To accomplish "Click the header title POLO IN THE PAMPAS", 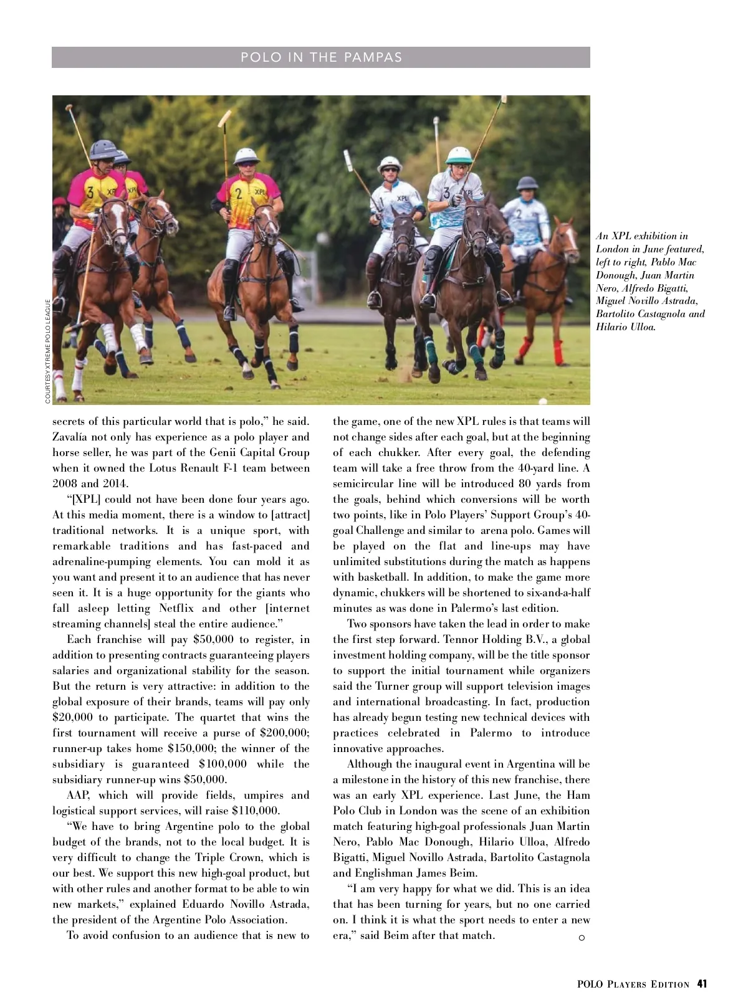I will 321,57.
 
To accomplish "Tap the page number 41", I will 702,984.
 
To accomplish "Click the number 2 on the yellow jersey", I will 238,194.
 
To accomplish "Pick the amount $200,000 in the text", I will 284,733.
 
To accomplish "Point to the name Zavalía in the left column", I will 73,437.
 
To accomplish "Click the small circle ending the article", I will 582,938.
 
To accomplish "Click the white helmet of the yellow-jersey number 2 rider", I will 246,156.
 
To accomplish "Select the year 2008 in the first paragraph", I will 65,483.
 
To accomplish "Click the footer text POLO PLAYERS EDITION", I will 633,985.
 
